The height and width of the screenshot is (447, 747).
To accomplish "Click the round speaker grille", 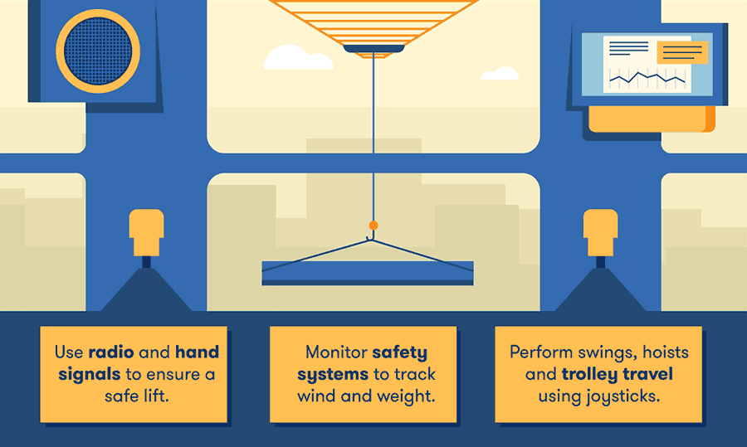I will tap(99, 50).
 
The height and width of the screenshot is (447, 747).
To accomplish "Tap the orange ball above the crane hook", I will tap(373, 225).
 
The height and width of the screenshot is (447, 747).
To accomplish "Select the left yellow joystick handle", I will tap(147, 231).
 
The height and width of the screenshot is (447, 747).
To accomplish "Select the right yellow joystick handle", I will tap(600, 231).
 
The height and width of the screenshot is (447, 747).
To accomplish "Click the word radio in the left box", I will tap(110, 352).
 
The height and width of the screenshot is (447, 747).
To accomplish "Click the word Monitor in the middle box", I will tap(335, 352).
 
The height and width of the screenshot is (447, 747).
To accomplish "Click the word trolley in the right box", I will tap(595, 374).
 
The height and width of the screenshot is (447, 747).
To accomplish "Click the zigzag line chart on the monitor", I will tap(647, 79).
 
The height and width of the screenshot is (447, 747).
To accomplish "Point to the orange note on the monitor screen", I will tap(682, 51).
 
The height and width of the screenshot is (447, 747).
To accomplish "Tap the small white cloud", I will tap(500, 74).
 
